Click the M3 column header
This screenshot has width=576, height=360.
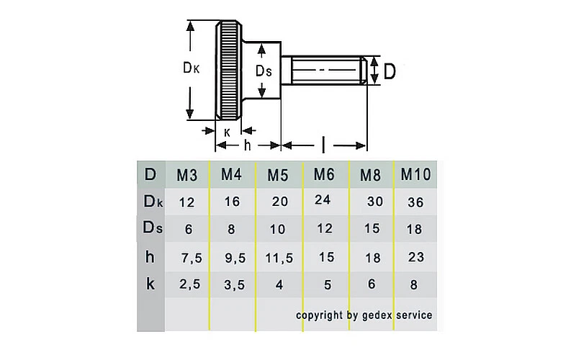186,175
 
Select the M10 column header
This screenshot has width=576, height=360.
415,174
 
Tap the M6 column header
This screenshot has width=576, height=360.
323,174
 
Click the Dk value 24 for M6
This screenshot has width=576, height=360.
323,200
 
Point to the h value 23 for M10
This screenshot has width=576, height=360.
415,257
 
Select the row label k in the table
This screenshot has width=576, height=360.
150,284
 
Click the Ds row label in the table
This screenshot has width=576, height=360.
151,229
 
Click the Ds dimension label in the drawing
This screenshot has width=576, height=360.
264,71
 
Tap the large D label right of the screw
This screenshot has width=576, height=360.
389,71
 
